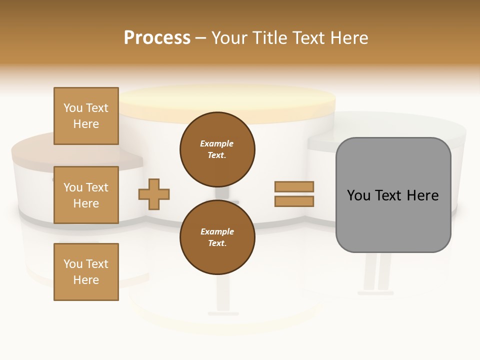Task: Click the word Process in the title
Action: [157, 38]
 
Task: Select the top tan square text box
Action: [86, 116]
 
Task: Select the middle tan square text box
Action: [86, 195]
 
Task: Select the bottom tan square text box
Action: [86, 271]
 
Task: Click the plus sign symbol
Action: [154, 194]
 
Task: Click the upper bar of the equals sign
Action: [294, 186]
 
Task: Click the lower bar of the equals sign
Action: [294, 201]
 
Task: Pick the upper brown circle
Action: [217, 149]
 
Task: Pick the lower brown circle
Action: [217, 237]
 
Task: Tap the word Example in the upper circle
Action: [216, 143]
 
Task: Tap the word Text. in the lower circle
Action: [216, 243]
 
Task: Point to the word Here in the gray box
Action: [422, 195]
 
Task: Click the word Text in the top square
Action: [97, 108]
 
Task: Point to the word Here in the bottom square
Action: [86, 280]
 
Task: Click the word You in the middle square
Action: [73, 187]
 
